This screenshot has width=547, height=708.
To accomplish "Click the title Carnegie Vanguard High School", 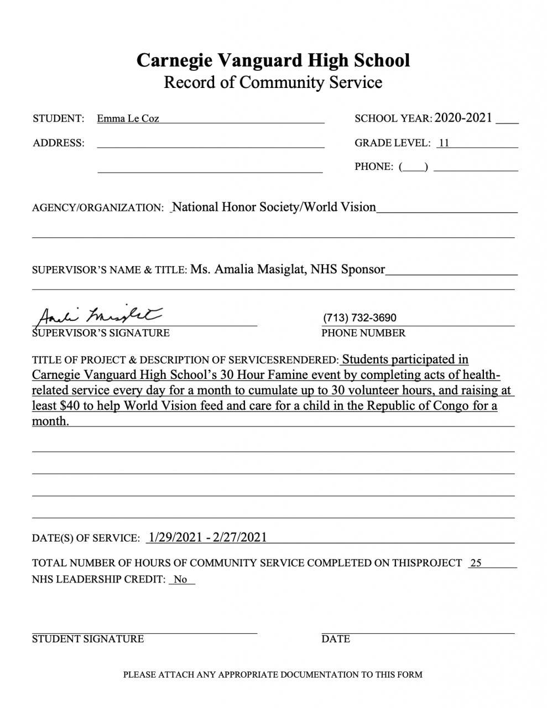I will pyautogui.click(x=273, y=60).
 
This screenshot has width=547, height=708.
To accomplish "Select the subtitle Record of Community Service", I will pyautogui.click(x=273, y=82).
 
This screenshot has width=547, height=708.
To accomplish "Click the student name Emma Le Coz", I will pyautogui.click(x=128, y=118).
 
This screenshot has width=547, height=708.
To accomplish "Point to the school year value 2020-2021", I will pyautogui.click(x=463, y=117).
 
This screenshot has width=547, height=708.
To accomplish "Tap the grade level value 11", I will pyautogui.click(x=444, y=143).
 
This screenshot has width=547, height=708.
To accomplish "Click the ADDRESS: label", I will pyautogui.click(x=59, y=143).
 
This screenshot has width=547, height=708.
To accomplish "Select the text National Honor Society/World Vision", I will pyautogui.click(x=274, y=207).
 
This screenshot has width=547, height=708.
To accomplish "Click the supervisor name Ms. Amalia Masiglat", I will pyautogui.click(x=247, y=269).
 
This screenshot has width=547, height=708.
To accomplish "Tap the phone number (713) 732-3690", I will pyautogui.click(x=360, y=317).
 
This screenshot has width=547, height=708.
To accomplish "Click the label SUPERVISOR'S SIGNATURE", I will pyautogui.click(x=101, y=333).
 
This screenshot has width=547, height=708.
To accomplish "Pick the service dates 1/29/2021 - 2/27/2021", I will pyautogui.click(x=207, y=537).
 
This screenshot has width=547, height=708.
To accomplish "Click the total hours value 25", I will pyautogui.click(x=475, y=563).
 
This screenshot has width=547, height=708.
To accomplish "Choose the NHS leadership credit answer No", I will pyautogui.click(x=180, y=580).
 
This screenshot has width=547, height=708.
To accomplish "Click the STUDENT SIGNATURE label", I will pyautogui.click(x=88, y=639).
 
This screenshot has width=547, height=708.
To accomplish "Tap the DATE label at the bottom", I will pyautogui.click(x=336, y=639).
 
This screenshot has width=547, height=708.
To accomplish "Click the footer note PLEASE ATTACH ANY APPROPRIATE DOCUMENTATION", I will pyautogui.click(x=273, y=674).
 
